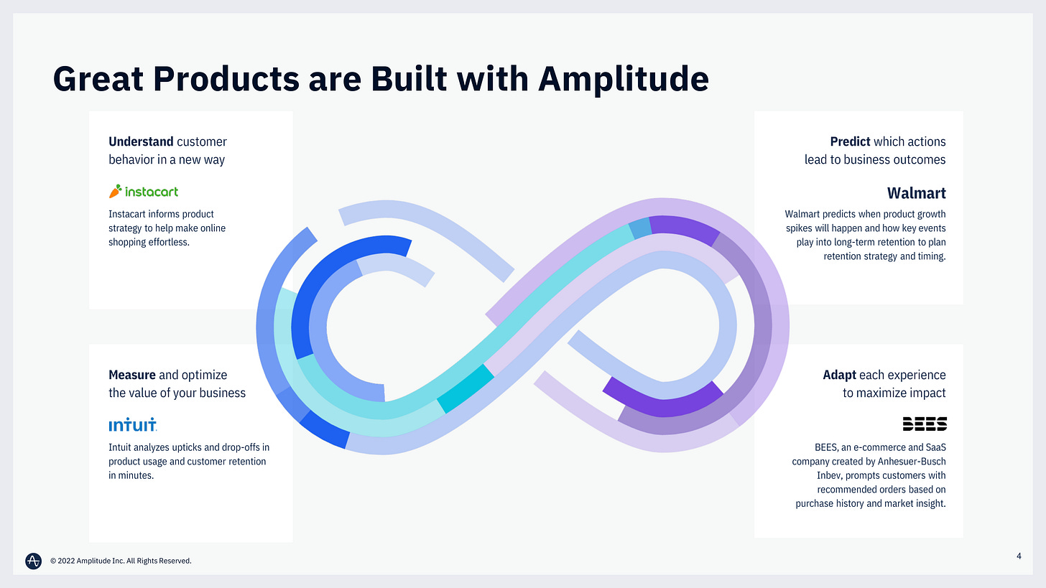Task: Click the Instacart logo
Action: click(x=144, y=192)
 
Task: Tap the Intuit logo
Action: click(x=132, y=425)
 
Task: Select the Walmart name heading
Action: click(x=916, y=193)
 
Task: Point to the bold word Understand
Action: click(x=141, y=141)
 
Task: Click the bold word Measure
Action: click(x=132, y=374)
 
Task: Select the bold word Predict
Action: click(x=850, y=141)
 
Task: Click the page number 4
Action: click(x=1019, y=554)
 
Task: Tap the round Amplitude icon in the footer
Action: click(x=33, y=561)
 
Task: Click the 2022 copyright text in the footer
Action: click(x=121, y=561)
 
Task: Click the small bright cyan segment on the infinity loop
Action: click(x=466, y=389)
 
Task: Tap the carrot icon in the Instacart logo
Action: click(x=115, y=191)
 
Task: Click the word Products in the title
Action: click(x=227, y=80)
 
